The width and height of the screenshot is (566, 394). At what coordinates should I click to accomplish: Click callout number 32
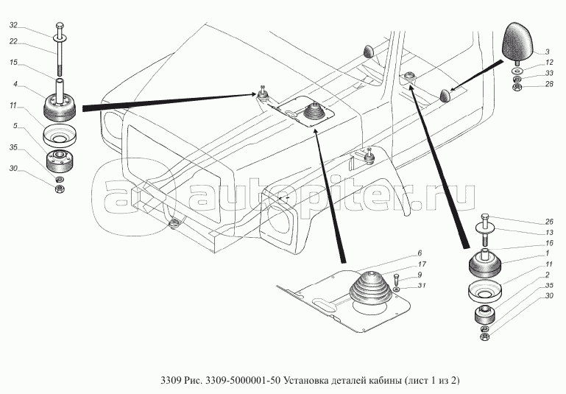coord(13,25)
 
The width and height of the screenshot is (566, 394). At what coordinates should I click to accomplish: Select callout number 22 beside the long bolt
coord(13,41)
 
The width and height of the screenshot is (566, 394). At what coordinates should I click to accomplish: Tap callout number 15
coord(13,63)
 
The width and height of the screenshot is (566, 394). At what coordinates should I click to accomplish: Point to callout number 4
coord(15,84)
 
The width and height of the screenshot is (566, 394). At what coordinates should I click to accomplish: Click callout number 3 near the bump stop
coord(547,52)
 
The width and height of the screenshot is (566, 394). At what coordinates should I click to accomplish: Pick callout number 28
coord(549,85)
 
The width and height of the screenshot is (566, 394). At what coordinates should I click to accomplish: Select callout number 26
coord(549,222)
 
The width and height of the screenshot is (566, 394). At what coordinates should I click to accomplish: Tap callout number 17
coord(422,264)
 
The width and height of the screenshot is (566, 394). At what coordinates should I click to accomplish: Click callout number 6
coord(420,253)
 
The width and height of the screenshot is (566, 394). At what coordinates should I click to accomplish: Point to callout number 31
coord(422,286)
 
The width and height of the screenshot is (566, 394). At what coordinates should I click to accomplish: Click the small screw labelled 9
coord(396,281)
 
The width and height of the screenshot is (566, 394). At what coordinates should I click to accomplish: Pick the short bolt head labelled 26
coord(485,217)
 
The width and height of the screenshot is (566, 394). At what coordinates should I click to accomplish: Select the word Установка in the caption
coord(305,380)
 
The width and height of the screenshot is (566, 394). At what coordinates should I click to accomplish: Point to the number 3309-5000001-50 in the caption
coord(242,380)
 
